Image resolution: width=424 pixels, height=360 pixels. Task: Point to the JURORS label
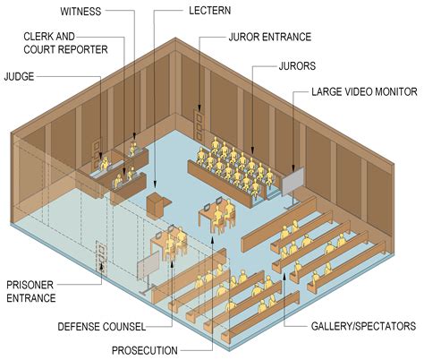pos(297,65)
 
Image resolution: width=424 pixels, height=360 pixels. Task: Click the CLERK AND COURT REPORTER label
pos(66,41)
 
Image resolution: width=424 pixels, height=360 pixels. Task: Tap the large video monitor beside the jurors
pos(293,182)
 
